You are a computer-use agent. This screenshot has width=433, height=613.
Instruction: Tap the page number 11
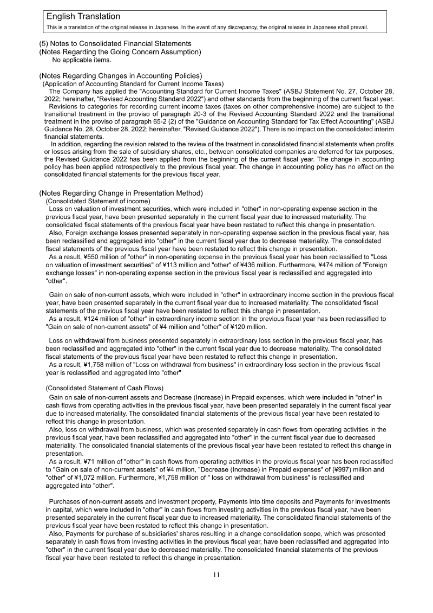[216, 576]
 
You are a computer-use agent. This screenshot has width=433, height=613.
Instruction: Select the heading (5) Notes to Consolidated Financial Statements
[115, 43]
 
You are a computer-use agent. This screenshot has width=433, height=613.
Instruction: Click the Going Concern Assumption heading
[120, 51]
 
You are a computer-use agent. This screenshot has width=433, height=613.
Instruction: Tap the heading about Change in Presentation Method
[121, 193]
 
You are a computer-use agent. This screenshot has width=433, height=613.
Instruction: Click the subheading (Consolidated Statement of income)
[98, 201]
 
